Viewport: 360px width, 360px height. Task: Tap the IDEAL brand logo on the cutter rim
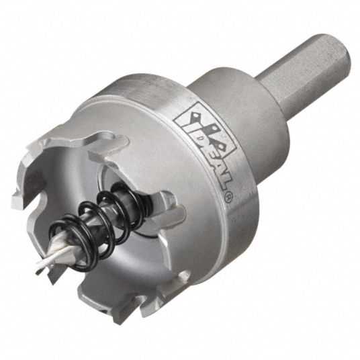(205, 145)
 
